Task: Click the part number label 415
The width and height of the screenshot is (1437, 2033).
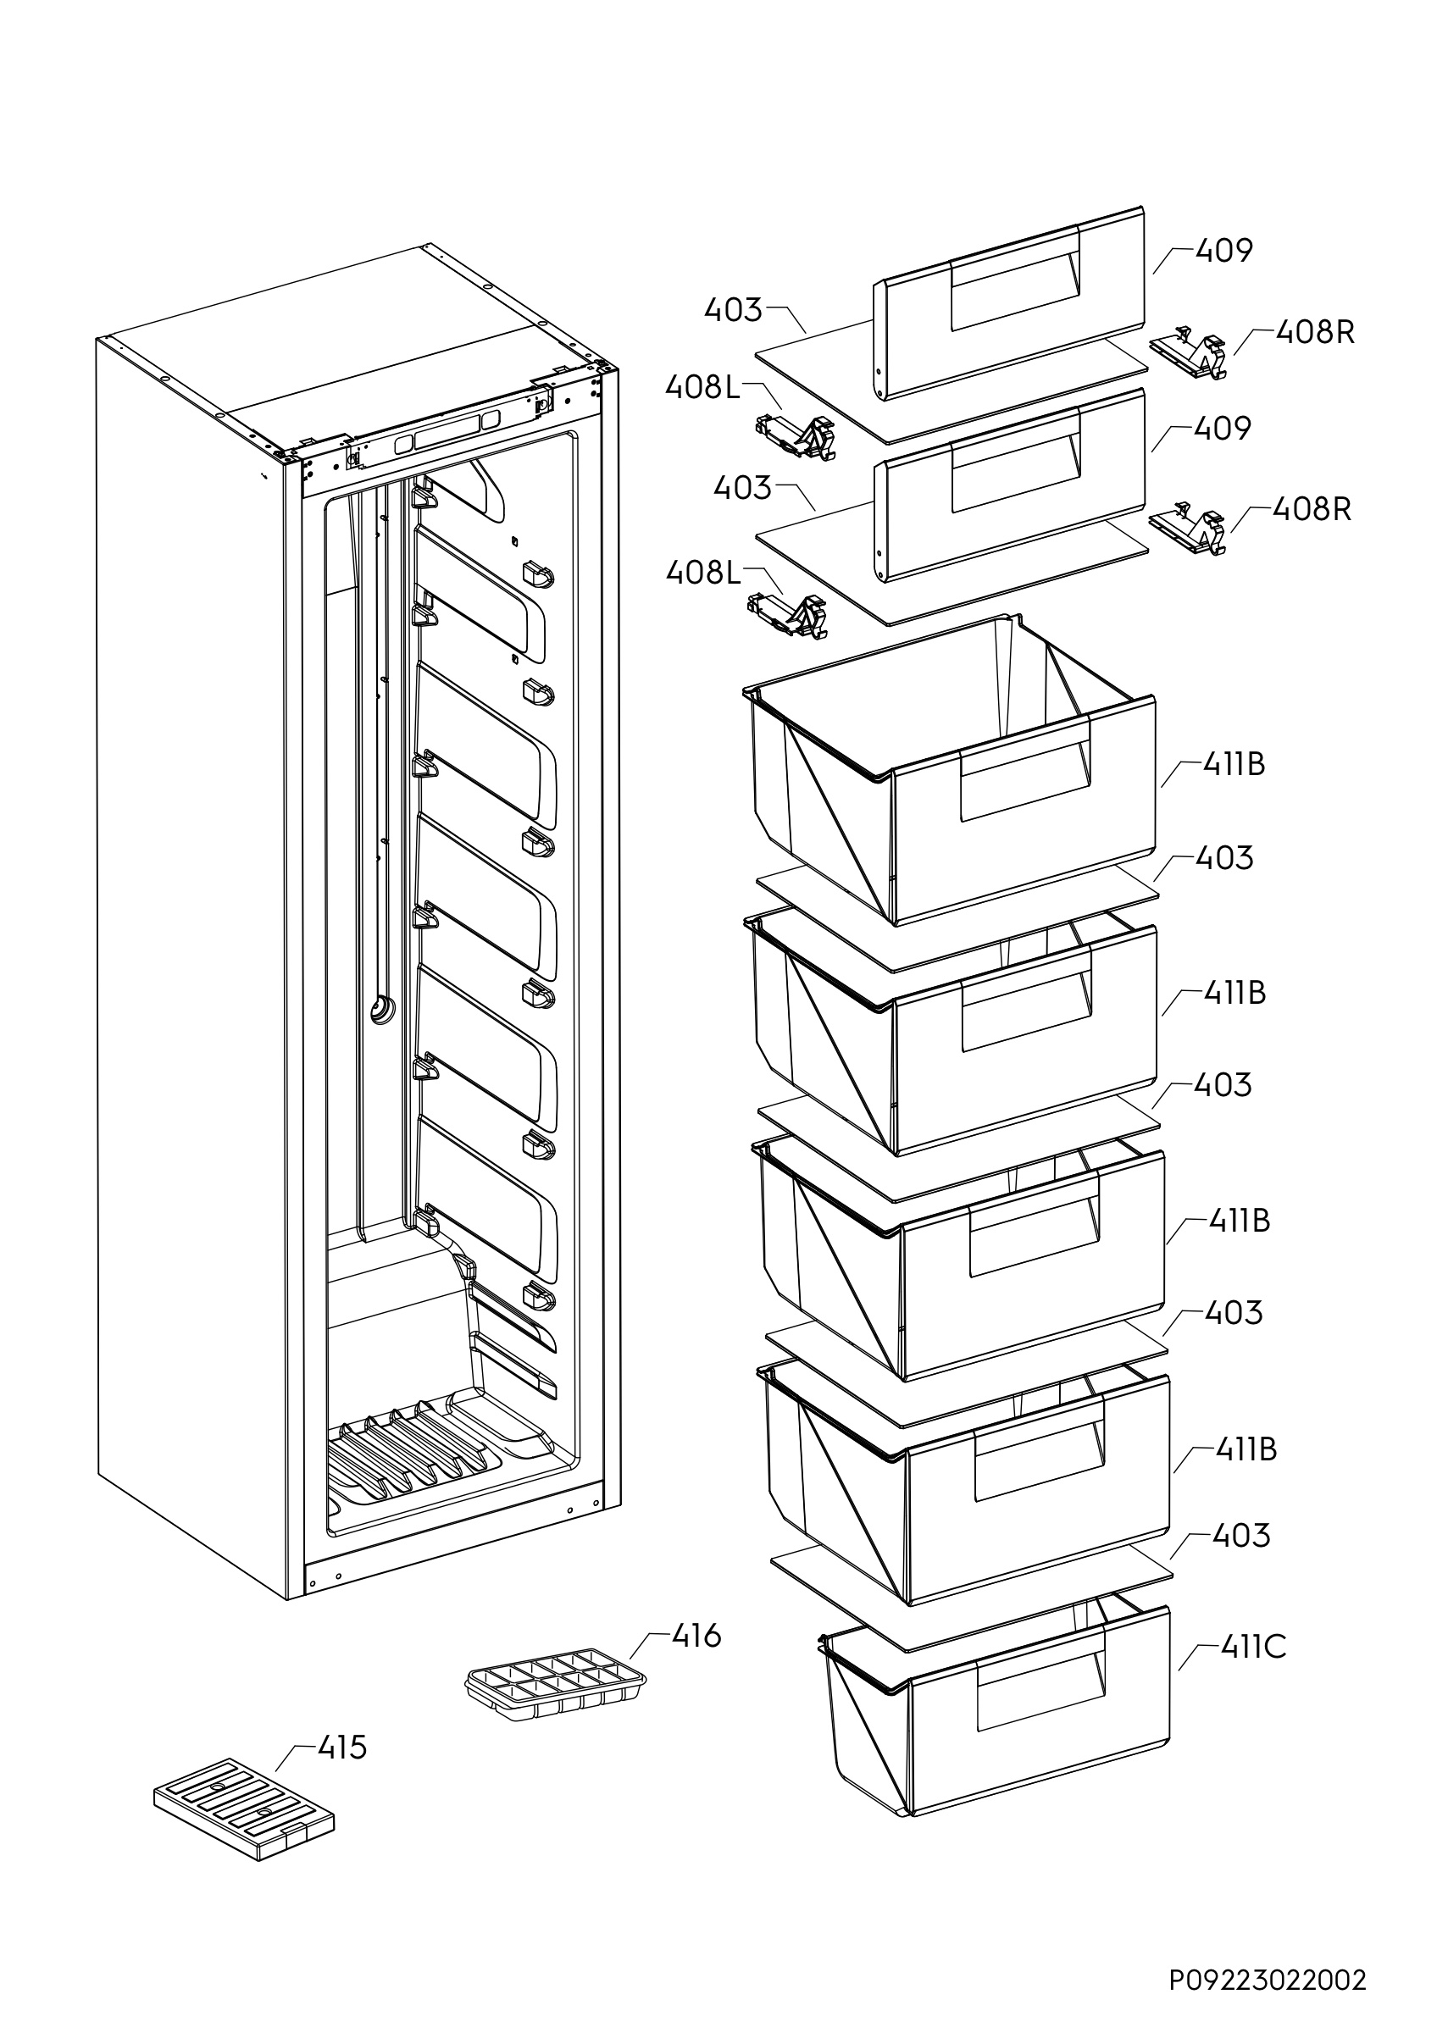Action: click(x=341, y=1748)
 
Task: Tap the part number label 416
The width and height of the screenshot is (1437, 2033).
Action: click(x=696, y=1637)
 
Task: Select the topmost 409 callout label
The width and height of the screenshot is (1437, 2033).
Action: click(x=1223, y=251)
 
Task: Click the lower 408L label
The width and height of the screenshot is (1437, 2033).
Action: click(x=703, y=573)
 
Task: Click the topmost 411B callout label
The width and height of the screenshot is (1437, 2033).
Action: click(x=1234, y=763)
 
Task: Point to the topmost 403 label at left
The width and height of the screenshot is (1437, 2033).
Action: click(x=732, y=310)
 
